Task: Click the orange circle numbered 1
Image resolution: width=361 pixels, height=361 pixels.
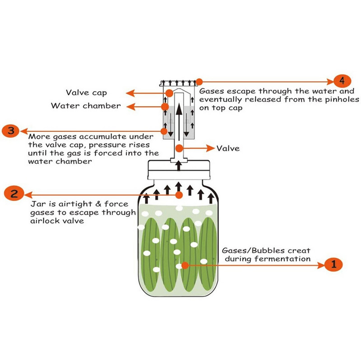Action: [x=333, y=264]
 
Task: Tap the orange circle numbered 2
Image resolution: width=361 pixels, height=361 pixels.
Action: [x=14, y=194]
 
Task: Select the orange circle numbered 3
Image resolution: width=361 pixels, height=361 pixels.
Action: [x=11, y=131]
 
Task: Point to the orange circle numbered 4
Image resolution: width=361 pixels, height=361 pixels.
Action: [x=342, y=81]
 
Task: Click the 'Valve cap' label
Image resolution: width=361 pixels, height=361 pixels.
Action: [x=86, y=93]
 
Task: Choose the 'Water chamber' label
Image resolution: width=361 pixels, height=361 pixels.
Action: [x=86, y=106]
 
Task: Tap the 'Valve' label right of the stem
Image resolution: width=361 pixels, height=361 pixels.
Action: [x=228, y=148]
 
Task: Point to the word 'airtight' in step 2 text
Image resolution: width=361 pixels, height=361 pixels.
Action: [x=72, y=204]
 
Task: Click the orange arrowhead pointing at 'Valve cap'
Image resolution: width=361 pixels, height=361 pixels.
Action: [x=130, y=93]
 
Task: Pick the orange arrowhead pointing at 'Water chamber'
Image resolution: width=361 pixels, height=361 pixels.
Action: [x=131, y=106]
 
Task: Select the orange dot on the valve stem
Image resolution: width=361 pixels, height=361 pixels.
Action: [x=179, y=148]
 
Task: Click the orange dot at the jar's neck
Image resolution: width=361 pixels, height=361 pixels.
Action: [x=179, y=195]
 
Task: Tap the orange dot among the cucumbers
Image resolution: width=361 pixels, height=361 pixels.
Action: [x=185, y=265]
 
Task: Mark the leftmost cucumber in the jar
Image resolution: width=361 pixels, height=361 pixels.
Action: [x=150, y=255]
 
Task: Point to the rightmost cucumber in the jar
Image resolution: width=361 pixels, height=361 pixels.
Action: [x=208, y=254]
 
